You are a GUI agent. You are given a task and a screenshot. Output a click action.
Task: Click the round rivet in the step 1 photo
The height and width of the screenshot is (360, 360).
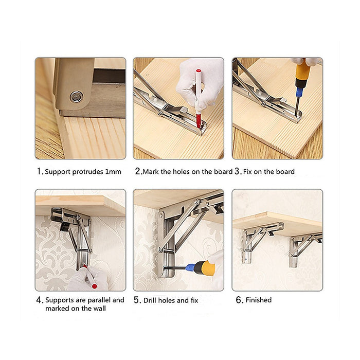(77, 96)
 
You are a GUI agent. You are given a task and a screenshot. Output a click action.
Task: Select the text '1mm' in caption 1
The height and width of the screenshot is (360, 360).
(113, 172)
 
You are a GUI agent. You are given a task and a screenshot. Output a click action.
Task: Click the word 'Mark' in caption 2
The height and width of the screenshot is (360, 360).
(151, 171)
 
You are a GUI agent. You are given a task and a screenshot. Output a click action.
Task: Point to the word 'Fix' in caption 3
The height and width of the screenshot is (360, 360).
(249, 171)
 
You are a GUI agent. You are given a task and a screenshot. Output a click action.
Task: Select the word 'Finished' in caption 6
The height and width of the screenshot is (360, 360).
(259, 300)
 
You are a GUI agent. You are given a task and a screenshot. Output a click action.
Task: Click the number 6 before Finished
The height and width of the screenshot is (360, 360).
(239, 300)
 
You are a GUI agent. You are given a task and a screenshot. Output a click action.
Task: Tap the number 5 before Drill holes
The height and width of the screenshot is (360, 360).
(137, 300)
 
